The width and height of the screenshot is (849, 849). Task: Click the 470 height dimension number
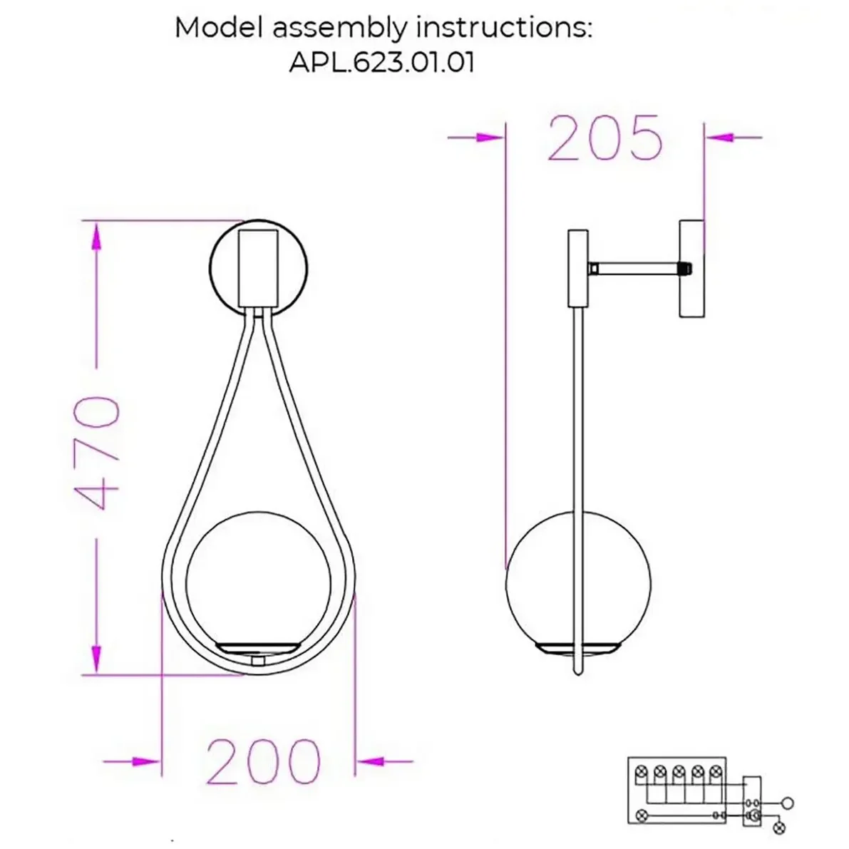(x=96, y=453)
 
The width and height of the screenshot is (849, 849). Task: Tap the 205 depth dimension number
(x=604, y=138)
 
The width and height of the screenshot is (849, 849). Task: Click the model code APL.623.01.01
(x=381, y=62)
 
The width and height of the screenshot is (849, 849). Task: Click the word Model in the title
(x=220, y=27)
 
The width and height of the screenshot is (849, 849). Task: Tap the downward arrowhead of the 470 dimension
(x=96, y=659)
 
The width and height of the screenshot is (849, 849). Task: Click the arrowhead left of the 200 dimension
(x=146, y=761)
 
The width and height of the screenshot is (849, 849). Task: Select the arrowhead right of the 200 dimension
(x=371, y=761)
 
